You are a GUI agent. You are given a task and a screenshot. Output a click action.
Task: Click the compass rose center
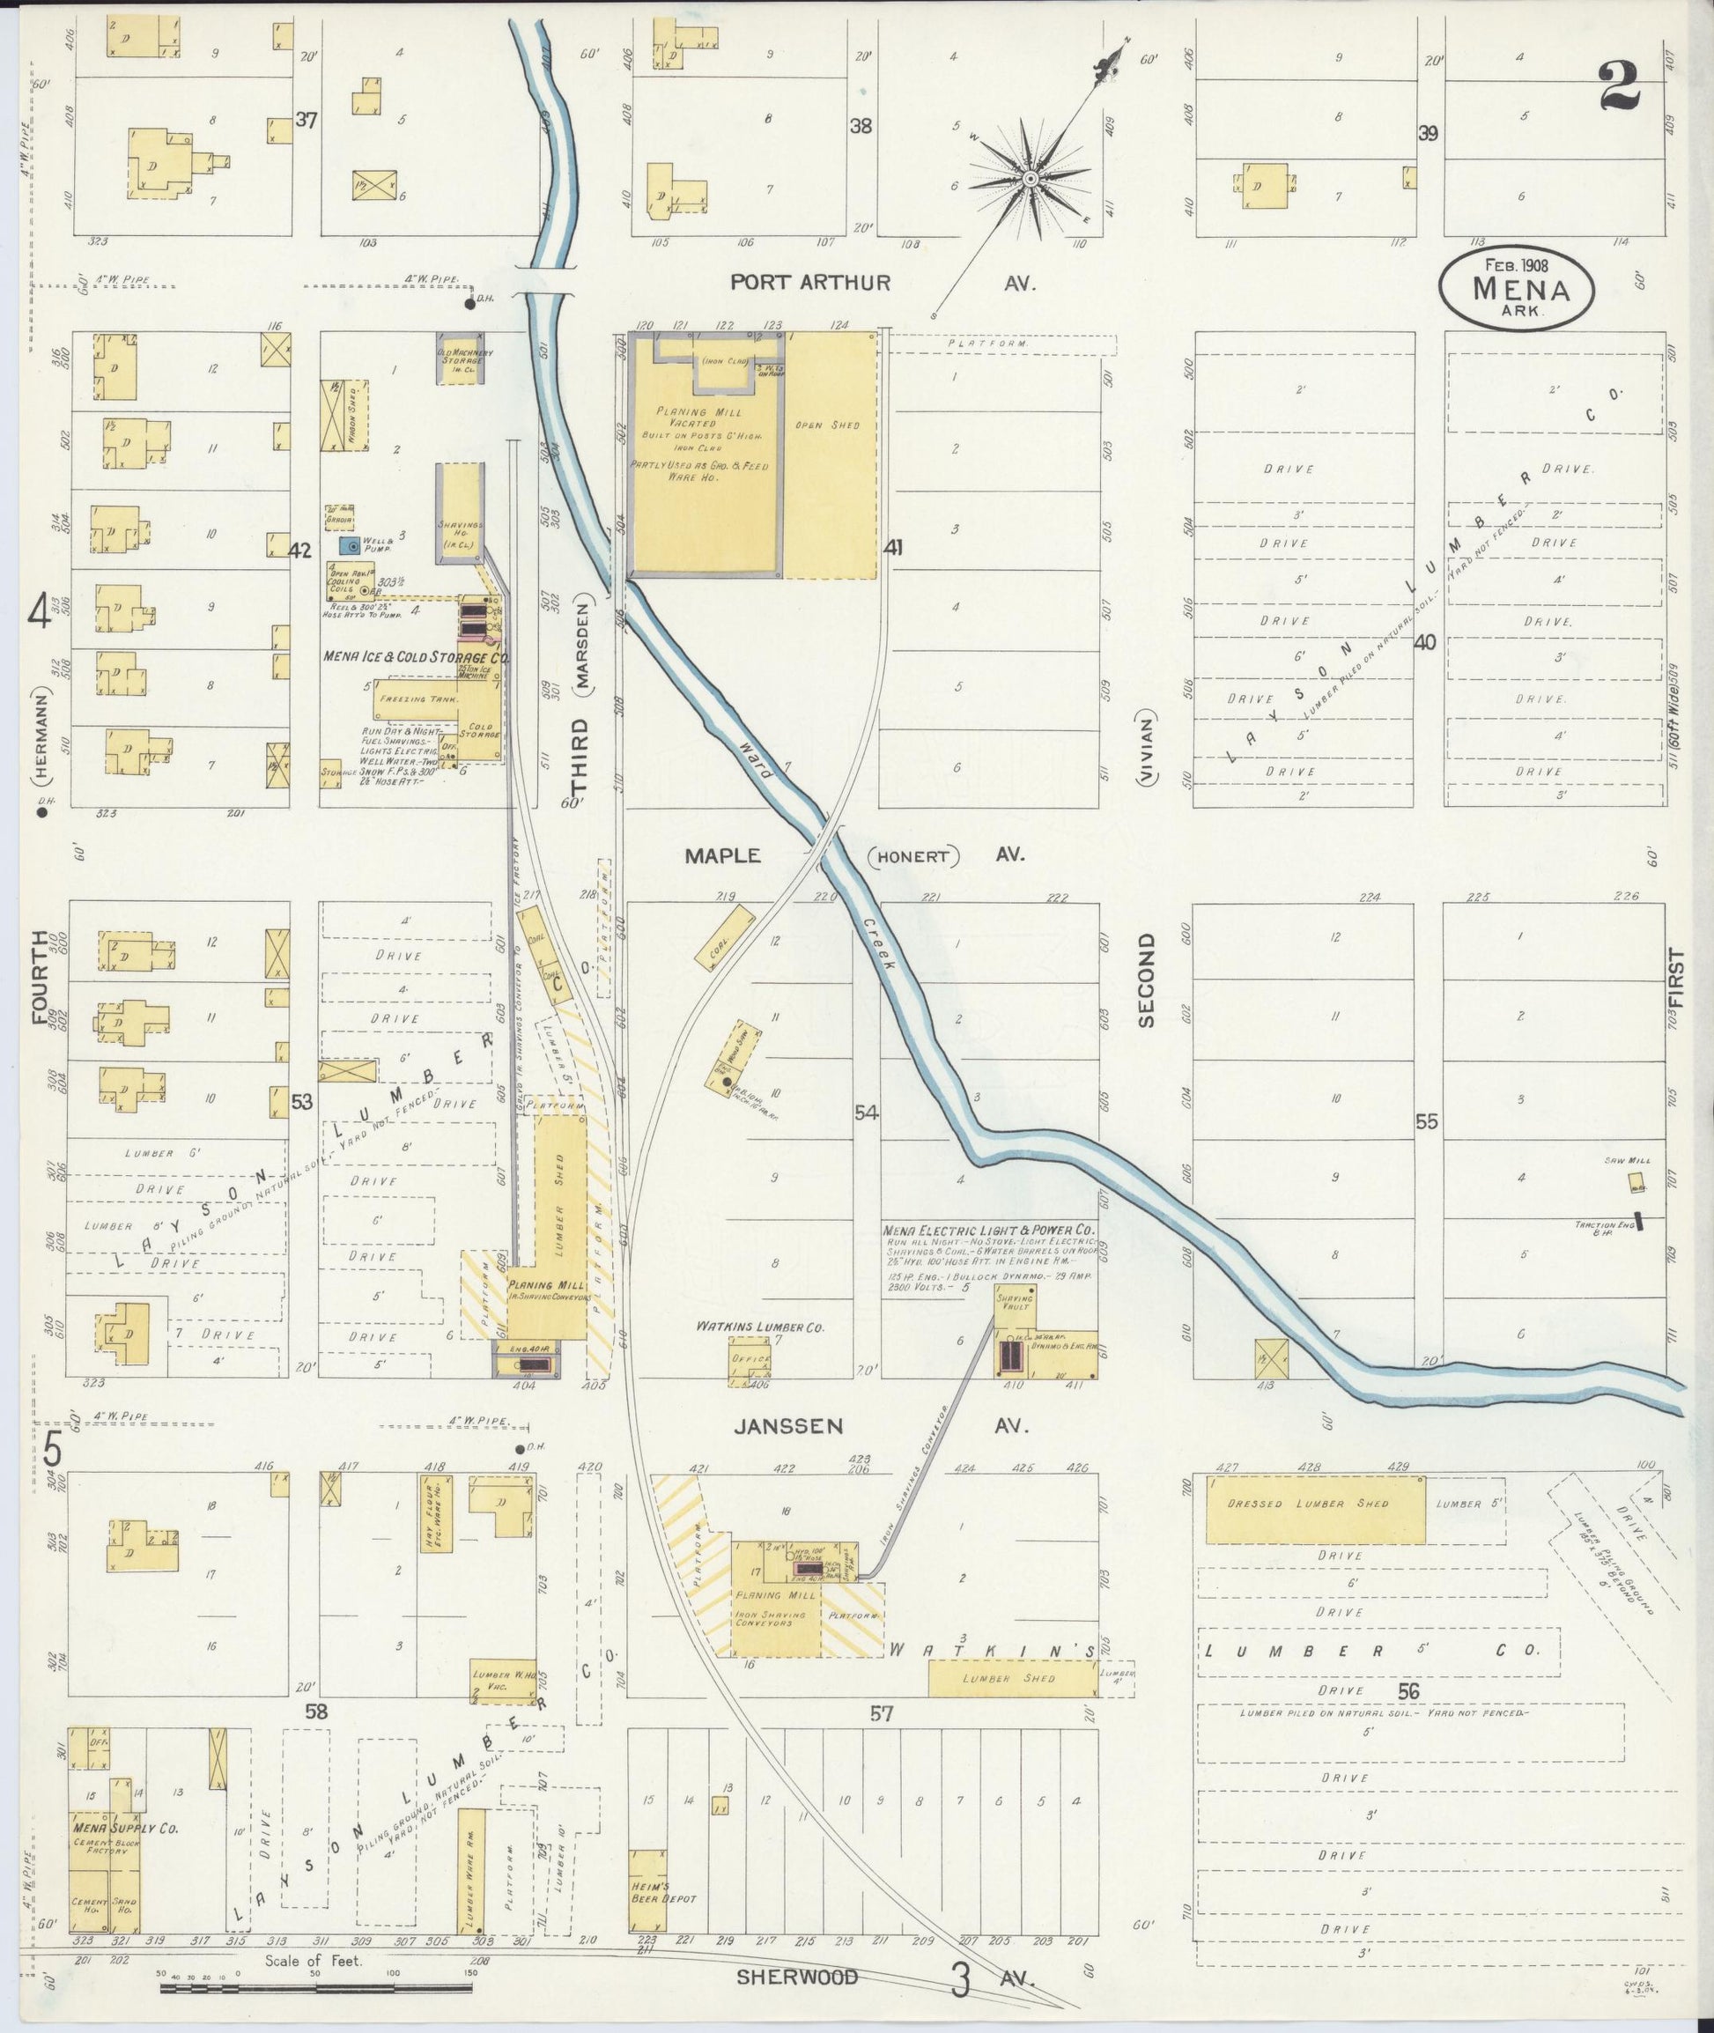pos(1029,179)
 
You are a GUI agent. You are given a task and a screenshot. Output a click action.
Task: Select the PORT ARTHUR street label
pos(810,283)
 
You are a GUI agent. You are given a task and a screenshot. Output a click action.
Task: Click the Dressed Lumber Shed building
pos(1316,1509)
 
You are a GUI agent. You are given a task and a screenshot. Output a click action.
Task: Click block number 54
pos(866,1113)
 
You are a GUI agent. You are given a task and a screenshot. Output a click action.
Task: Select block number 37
pos(307,121)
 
